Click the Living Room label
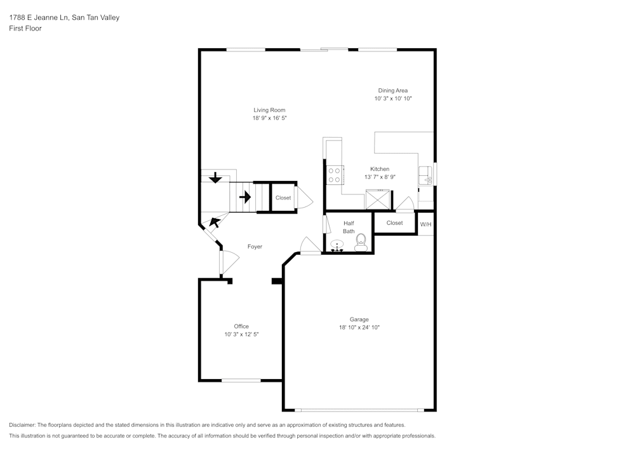[269, 110]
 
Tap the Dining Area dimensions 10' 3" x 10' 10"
[393, 99]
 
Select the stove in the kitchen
[335, 175]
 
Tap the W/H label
[425, 224]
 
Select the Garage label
[359, 319]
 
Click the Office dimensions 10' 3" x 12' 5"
[241, 334]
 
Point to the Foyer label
[255, 246]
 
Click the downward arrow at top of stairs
[215, 177]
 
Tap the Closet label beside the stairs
[283, 198]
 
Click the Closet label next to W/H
[394, 223]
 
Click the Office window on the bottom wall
[241, 380]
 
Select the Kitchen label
[380, 169]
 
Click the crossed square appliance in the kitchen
[378, 200]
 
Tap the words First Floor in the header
[25, 29]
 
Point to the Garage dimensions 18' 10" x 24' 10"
[359, 328]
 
